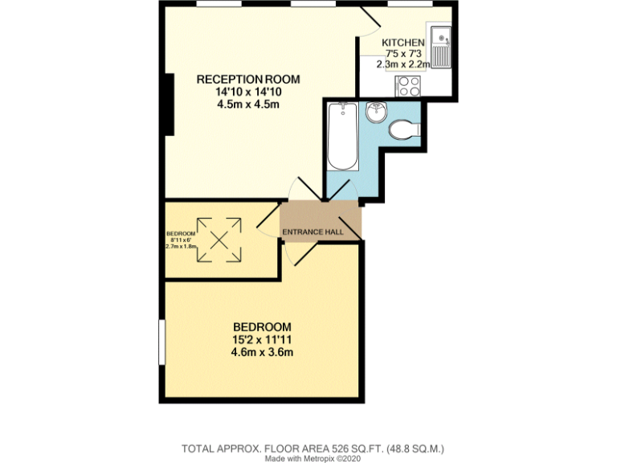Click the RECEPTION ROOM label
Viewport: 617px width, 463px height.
pyautogui.click(x=248, y=79)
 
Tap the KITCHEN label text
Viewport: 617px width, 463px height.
pyautogui.click(x=402, y=43)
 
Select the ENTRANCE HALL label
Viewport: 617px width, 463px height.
pyautogui.click(x=313, y=232)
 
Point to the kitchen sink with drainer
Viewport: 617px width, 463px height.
pyautogui.click(x=441, y=47)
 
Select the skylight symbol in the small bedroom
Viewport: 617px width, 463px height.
pyautogui.click(x=219, y=240)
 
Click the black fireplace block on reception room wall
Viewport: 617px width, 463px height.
pyautogui.click(x=169, y=104)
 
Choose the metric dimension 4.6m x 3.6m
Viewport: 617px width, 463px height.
pyautogui.click(x=261, y=352)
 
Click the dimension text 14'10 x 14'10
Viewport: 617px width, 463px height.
pyautogui.click(x=248, y=92)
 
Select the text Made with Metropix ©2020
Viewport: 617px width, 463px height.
pyautogui.click(x=313, y=458)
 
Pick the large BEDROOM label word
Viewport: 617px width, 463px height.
pyautogui.click(x=261, y=327)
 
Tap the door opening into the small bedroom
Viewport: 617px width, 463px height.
pyautogui.click(x=268, y=223)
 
